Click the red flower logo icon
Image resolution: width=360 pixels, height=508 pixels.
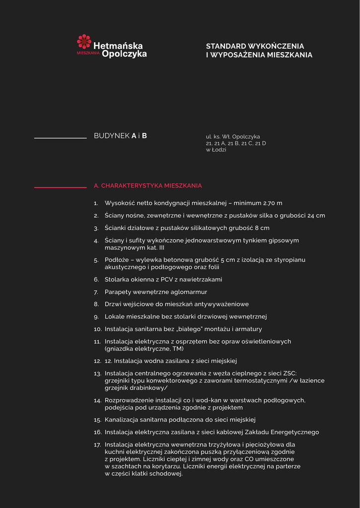point(84,42)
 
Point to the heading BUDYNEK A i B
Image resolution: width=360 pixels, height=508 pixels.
point(120,136)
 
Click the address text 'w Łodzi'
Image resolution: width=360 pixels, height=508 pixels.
point(216,150)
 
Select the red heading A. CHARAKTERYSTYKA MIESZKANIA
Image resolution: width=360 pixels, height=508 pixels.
point(148,186)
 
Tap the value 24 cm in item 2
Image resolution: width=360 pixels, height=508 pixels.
point(316,216)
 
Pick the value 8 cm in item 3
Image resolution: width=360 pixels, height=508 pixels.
point(261,228)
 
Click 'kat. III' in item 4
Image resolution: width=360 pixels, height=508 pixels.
point(154,248)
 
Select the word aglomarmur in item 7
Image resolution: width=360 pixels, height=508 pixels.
point(189,292)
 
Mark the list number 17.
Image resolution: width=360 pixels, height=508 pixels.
point(97,445)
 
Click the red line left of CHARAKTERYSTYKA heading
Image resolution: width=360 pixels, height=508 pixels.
point(60,188)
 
